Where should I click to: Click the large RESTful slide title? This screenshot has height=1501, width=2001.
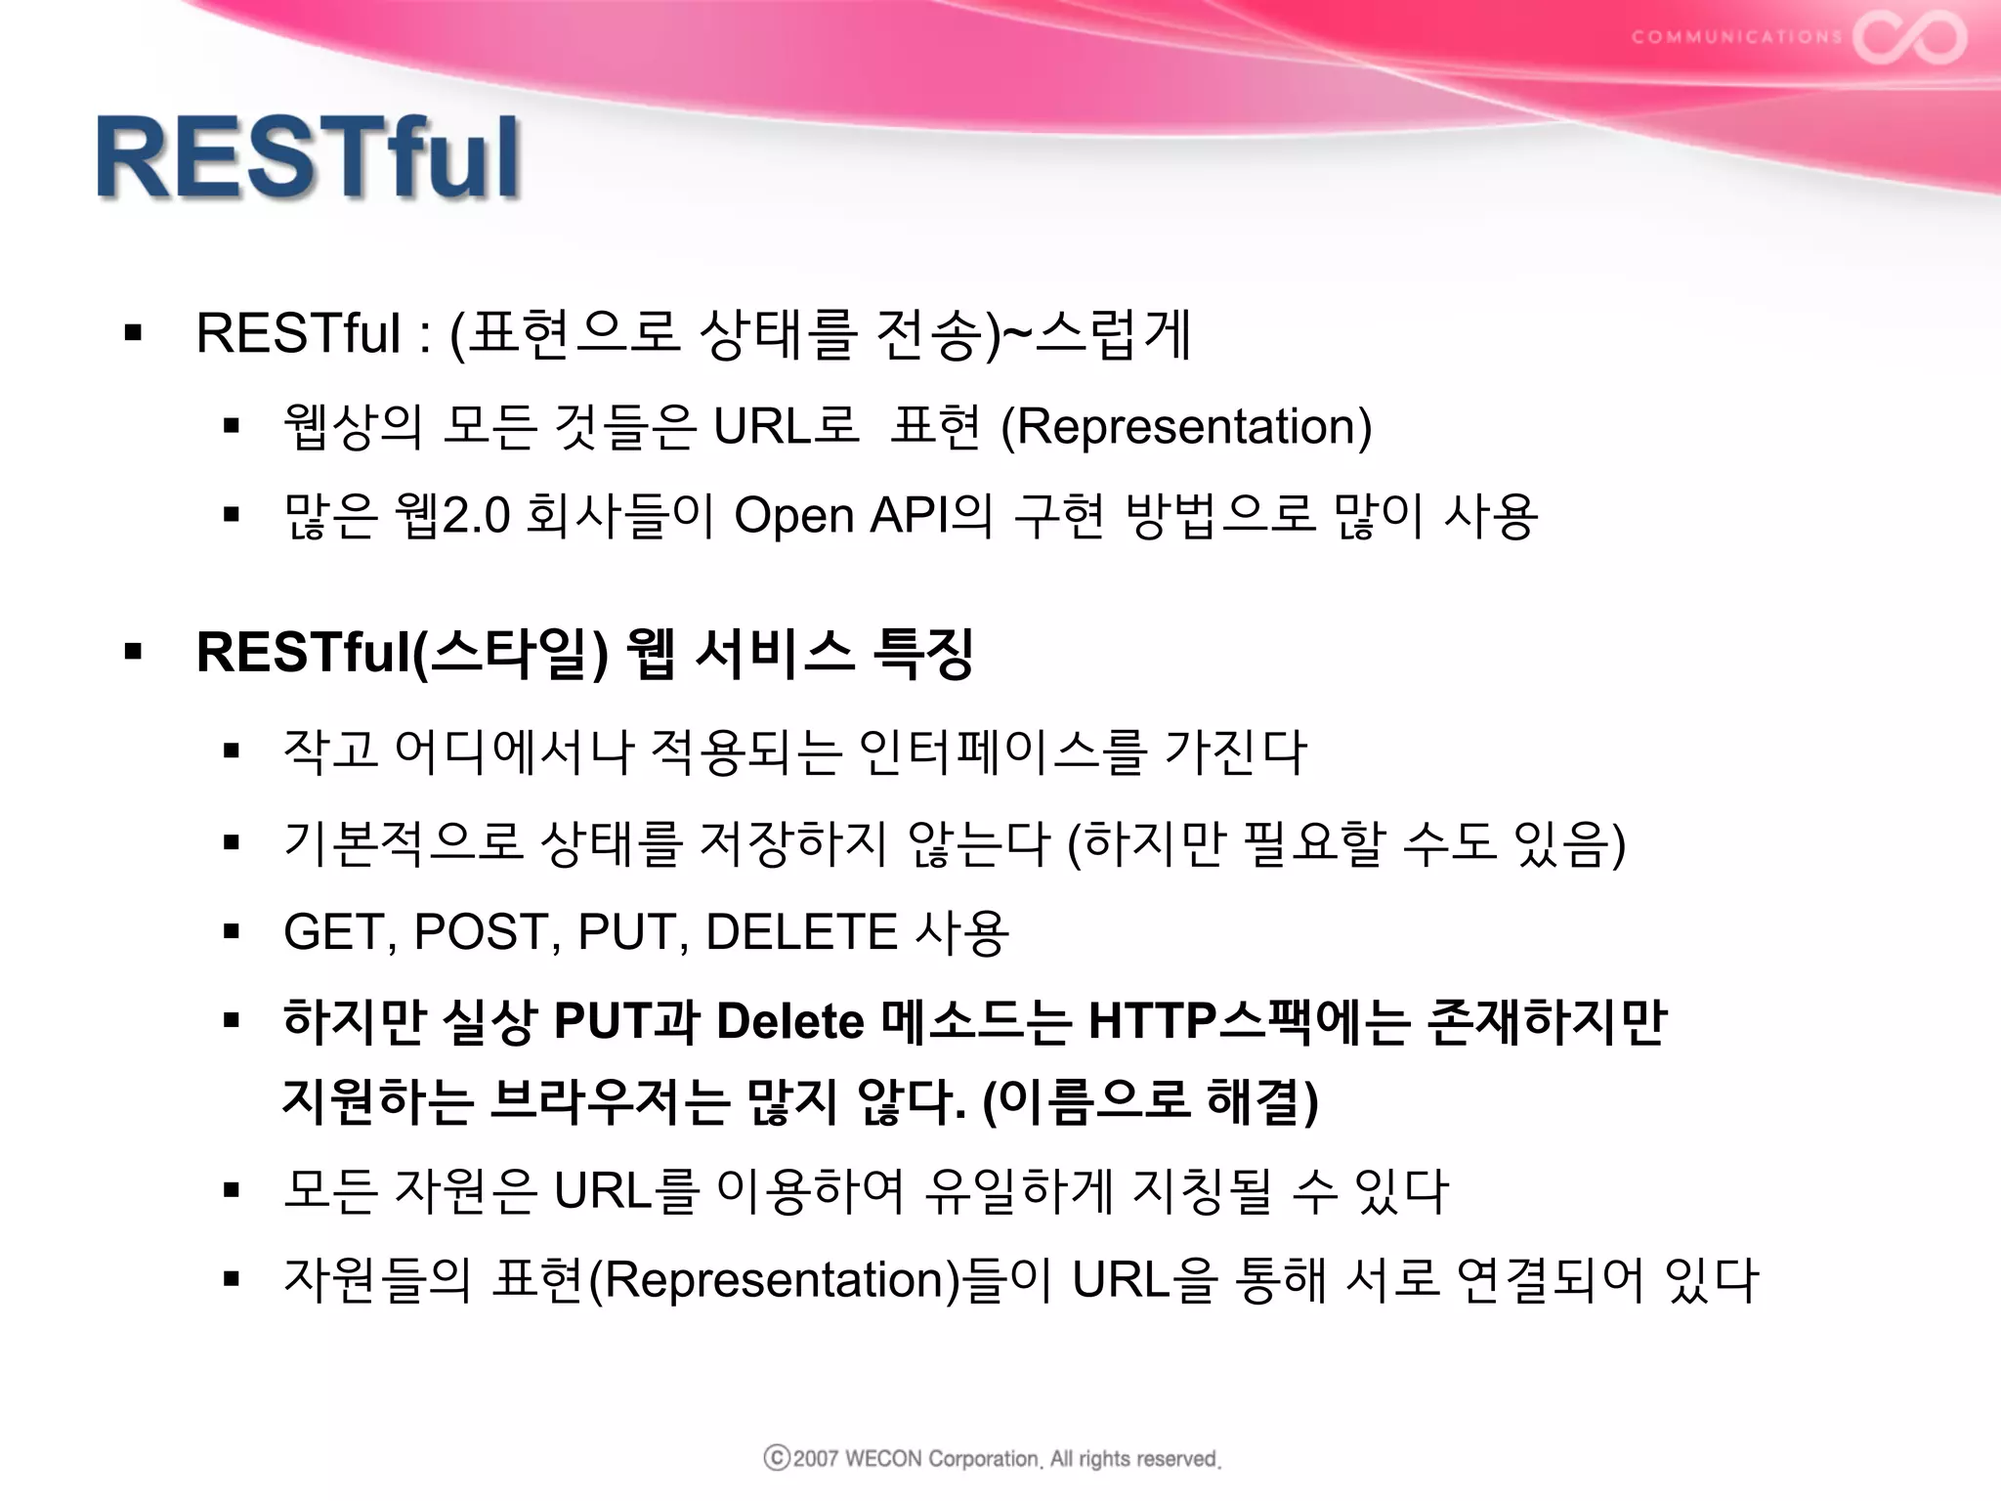(x=308, y=158)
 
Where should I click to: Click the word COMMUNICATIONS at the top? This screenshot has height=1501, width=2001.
(x=1736, y=37)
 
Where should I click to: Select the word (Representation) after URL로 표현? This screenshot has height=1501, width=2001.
(x=1186, y=427)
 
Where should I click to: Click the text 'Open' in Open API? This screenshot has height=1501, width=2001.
(x=793, y=515)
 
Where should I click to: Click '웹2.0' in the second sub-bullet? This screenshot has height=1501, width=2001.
(x=451, y=515)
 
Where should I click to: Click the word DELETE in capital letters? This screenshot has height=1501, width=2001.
(x=800, y=931)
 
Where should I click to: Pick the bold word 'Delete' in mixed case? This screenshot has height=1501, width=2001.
(x=790, y=1021)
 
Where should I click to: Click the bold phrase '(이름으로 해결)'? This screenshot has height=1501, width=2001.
(x=1150, y=1100)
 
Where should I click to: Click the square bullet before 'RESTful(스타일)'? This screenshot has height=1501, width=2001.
(x=134, y=652)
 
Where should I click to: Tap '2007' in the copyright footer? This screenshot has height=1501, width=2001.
(x=816, y=1459)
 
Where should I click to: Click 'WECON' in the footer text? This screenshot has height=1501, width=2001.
(x=882, y=1459)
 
